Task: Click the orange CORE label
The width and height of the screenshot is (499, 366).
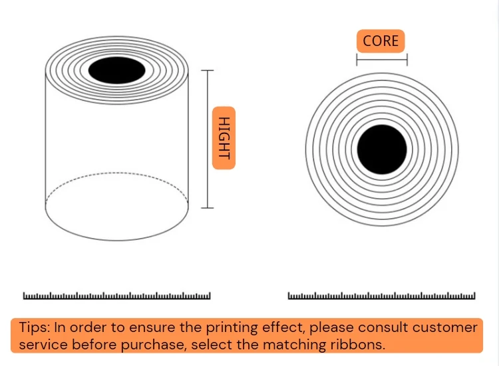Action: [381, 41]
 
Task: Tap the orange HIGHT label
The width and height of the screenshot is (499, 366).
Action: [224, 138]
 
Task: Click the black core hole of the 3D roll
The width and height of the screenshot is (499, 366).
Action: [117, 70]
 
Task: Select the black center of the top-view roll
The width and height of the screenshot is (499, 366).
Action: [382, 149]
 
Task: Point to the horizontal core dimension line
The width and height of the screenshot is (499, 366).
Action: [382, 59]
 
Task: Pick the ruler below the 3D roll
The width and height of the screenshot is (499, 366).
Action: [117, 295]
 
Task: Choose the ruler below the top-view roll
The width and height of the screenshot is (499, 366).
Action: [382, 295]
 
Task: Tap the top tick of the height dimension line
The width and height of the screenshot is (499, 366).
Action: [208, 69]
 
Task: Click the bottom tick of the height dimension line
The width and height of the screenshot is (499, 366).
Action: [208, 208]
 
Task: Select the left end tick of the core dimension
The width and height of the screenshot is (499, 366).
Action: [357, 59]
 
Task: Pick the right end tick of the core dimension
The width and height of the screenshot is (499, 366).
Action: [407, 59]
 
